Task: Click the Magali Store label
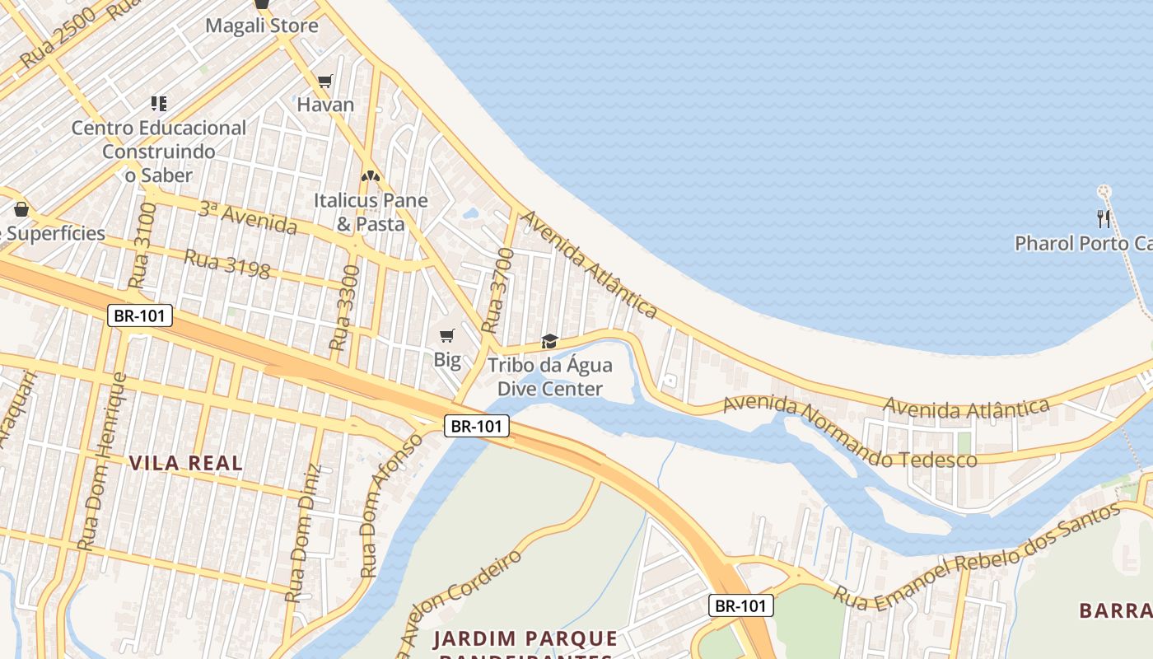point(262,26)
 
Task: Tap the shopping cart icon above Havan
point(325,81)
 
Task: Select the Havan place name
point(325,105)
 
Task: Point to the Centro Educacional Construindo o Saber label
point(159,152)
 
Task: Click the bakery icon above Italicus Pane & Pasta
point(371,175)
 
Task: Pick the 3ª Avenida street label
point(247,217)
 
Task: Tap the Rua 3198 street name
point(227,264)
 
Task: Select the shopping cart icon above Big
point(447,335)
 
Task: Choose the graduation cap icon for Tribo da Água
point(549,341)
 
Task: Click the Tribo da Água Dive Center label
point(545,376)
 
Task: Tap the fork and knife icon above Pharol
point(1104,218)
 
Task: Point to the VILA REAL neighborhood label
point(186,463)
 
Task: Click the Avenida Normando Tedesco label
point(849,432)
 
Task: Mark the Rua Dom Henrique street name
point(103,461)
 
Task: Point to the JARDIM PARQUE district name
point(525,639)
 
